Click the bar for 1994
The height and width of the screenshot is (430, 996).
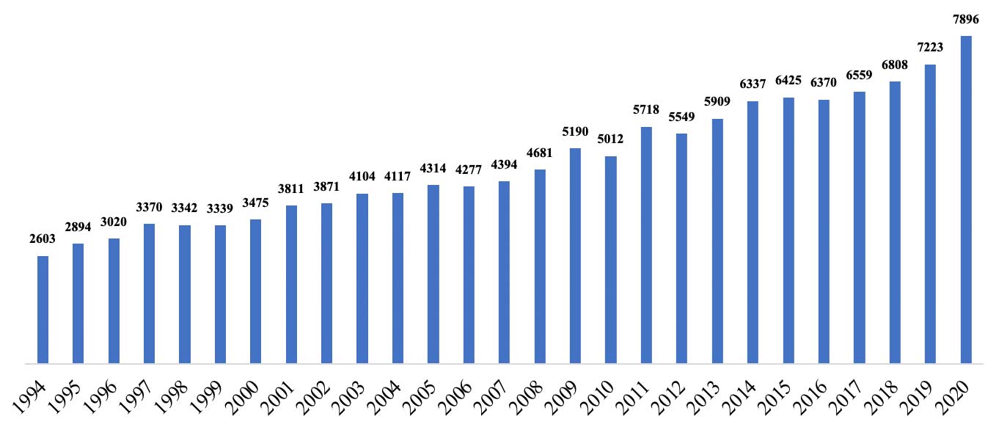click(43, 309)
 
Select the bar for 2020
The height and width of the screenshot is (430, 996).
click(966, 199)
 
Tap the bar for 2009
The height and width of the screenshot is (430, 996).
click(576, 255)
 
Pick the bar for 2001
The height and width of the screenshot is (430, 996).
click(291, 284)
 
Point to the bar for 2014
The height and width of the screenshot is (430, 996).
click(753, 232)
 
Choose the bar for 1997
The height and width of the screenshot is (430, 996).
click(149, 293)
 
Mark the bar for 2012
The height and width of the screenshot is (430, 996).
click(681, 248)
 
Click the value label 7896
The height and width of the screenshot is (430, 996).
click(965, 20)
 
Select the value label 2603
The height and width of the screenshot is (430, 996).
click(43, 239)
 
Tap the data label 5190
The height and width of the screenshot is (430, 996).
click(575, 132)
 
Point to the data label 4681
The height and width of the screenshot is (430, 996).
click(540, 153)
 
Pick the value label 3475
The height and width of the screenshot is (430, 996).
click(255, 203)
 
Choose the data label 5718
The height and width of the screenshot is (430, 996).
click(646, 111)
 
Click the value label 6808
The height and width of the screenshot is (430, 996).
click(895, 65)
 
